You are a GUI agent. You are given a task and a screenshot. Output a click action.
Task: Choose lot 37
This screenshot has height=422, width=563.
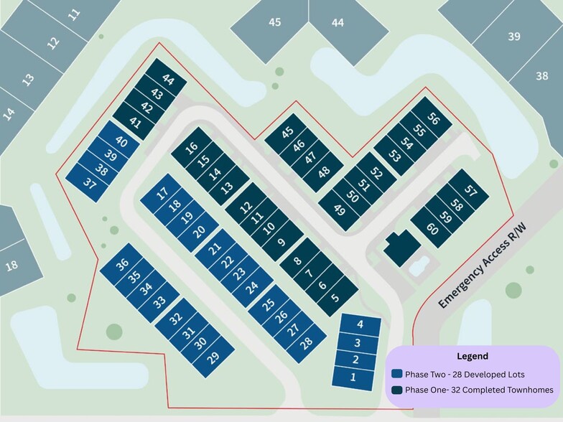click(x=89, y=183)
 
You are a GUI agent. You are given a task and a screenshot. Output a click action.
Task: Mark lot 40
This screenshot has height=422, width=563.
click(x=121, y=142)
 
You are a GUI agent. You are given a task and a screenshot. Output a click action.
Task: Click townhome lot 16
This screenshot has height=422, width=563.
click(x=191, y=149)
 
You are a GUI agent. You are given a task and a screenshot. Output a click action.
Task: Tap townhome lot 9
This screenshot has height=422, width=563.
click(x=280, y=242)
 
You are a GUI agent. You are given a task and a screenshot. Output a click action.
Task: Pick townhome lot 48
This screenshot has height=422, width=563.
click(x=324, y=172)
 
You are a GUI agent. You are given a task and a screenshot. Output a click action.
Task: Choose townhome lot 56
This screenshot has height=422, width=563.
click(x=432, y=119)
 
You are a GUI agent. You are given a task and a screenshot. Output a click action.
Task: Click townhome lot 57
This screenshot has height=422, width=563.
click(x=470, y=190)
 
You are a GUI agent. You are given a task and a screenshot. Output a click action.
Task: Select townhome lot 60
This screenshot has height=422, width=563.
click(x=432, y=229)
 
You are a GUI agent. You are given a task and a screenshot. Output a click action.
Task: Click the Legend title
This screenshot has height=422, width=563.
click(x=472, y=356)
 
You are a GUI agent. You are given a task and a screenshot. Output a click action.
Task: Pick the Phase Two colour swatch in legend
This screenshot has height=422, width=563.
click(x=396, y=375)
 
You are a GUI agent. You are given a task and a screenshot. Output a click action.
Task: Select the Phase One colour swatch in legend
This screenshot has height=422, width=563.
click(x=396, y=390)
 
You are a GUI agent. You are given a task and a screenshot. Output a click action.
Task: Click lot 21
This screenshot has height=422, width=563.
click(x=215, y=250)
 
